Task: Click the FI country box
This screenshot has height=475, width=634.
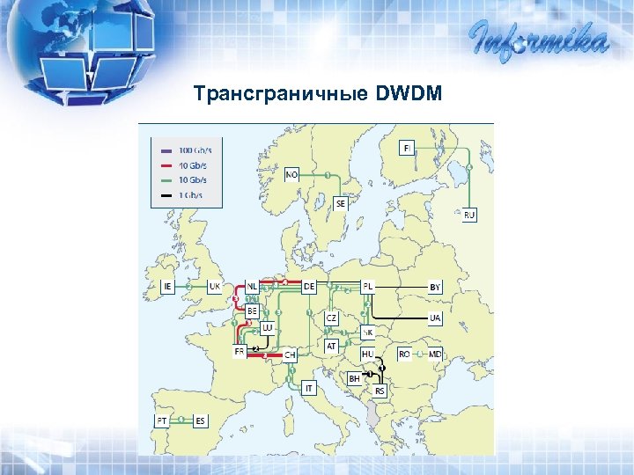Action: click(x=407, y=147)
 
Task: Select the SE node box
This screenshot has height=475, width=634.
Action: click(x=341, y=203)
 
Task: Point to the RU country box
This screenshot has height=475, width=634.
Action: click(x=469, y=215)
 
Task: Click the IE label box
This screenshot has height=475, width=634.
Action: click(x=168, y=286)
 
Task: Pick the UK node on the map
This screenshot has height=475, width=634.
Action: click(x=215, y=286)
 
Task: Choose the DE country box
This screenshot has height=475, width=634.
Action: click(x=309, y=286)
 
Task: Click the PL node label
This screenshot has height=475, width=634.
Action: click(x=368, y=286)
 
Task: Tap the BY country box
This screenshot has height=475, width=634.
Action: click(x=435, y=287)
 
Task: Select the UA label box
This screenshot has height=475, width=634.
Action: click(x=435, y=318)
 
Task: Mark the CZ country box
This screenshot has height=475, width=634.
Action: click(x=331, y=317)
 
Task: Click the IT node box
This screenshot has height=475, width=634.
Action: click(x=309, y=387)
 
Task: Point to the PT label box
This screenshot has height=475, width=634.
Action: click(x=162, y=420)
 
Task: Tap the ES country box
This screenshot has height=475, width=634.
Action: click(x=200, y=420)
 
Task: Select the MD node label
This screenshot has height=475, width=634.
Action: click(x=435, y=354)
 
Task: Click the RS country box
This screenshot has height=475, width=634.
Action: click(x=380, y=390)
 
